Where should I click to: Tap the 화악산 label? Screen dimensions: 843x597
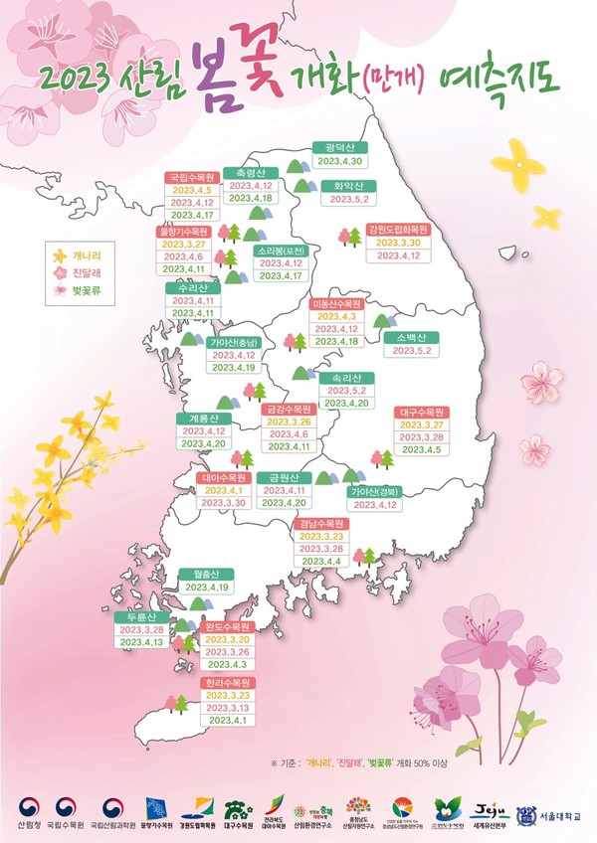click(345, 185)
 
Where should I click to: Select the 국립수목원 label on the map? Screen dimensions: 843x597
click(192, 177)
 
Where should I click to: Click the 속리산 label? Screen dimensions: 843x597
click(346, 378)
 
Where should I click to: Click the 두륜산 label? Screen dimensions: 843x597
click(141, 616)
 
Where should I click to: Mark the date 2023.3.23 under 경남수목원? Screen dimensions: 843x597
click(320, 536)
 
